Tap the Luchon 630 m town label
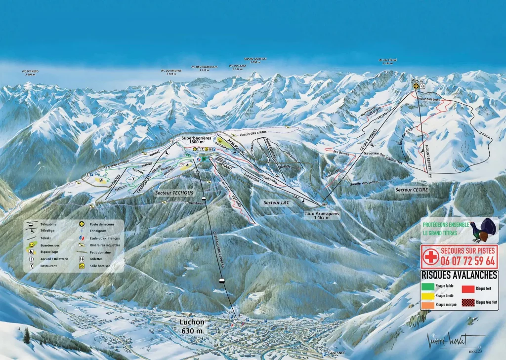(x=192, y=326)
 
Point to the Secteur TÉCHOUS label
(x=174, y=192)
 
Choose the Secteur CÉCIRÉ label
(x=412, y=189)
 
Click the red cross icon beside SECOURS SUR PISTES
(x=430, y=257)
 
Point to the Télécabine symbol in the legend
(x=32, y=224)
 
